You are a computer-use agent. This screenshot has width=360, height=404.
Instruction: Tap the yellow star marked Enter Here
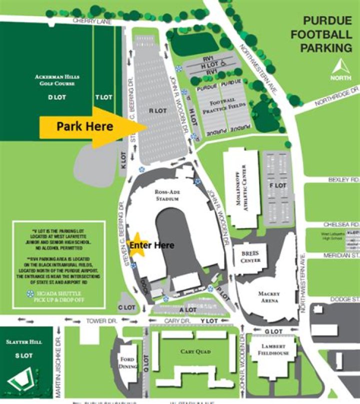pyautogui.click(x=136, y=245)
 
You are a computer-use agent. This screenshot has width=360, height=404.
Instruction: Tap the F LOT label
pyautogui.click(x=277, y=186)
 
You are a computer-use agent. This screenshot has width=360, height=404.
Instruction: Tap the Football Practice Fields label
pyautogui.click(x=220, y=106)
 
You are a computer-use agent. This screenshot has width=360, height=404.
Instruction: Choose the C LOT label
pyautogui.click(x=127, y=307)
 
